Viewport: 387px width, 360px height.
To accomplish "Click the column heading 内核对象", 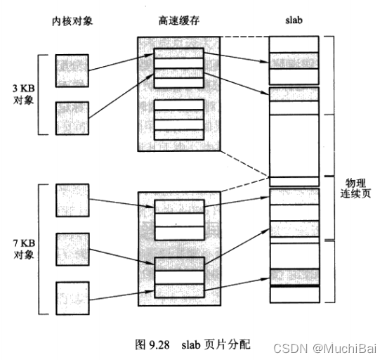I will [x=72, y=22].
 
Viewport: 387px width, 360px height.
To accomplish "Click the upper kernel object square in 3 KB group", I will [x=72, y=70].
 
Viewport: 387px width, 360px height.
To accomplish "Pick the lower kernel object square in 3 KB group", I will [x=72, y=117].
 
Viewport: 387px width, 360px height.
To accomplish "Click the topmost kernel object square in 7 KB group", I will [x=72, y=201].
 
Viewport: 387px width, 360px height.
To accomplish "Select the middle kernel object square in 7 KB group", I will [x=72, y=249].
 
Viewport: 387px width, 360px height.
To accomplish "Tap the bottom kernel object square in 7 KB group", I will [x=72, y=297].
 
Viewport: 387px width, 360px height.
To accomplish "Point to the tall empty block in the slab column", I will [x=294, y=141].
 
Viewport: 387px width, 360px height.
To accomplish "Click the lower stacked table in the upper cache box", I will [x=178, y=118].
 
